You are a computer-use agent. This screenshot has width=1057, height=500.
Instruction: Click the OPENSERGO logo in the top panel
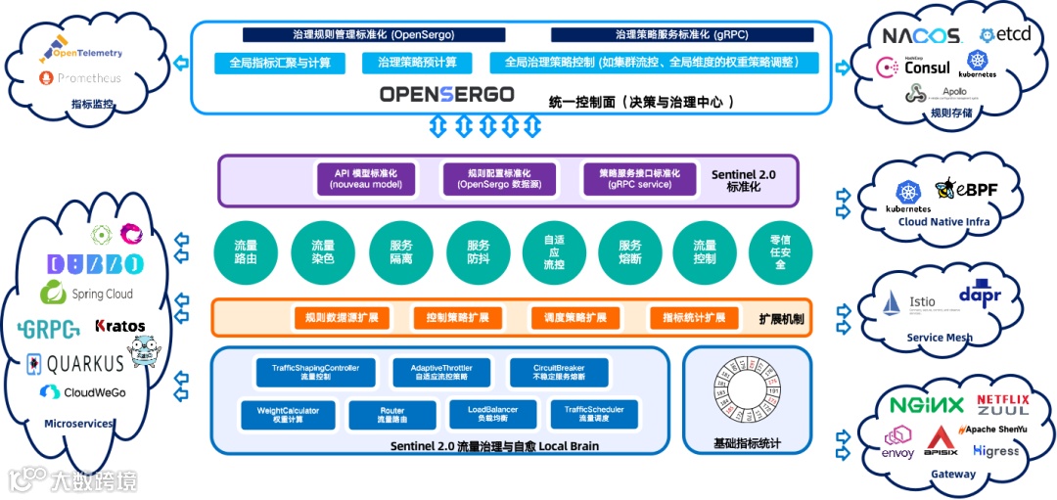446,95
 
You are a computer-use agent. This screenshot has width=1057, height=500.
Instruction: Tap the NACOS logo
921,36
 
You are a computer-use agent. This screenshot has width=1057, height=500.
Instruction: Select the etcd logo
1005,34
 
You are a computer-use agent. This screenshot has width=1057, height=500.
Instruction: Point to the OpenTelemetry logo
87,53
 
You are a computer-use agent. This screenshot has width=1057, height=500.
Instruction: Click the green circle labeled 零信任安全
780,252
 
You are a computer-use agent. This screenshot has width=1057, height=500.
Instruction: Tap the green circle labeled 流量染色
322,252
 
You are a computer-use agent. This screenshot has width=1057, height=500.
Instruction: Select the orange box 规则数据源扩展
342,318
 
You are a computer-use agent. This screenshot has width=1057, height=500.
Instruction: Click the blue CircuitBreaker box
559,372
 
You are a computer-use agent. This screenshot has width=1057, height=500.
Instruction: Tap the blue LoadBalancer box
493,414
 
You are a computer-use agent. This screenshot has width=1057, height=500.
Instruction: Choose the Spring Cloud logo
87,293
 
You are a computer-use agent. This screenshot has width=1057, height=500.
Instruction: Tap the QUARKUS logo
75,364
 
